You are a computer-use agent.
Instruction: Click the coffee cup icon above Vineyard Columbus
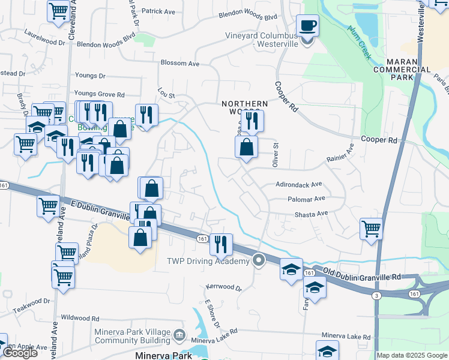(x=307, y=26)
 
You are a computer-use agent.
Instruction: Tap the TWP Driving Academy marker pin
(x=259, y=260)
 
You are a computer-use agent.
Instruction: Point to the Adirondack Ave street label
(x=299, y=185)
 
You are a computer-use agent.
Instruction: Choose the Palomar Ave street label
(x=306, y=198)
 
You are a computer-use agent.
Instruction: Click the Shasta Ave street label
(x=311, y=214)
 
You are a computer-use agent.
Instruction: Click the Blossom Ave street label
(x=179, y=63)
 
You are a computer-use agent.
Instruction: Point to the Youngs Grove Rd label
(x=99, y=94)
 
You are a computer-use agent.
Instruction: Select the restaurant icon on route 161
(x=221, y=244)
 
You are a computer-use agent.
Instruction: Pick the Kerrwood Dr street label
(x=223, y=288)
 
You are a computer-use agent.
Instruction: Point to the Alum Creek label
(x=358, y=42)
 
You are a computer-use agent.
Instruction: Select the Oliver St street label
(x=277, y=149)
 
